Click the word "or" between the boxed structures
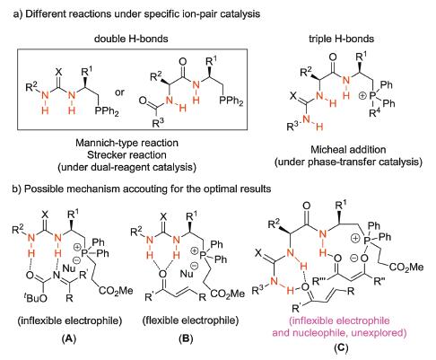119,92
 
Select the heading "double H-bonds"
131,39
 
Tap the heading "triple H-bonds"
341,39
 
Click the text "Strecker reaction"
126,154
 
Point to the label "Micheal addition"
348,149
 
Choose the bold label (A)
69,338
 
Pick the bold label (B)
186,338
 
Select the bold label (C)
341,347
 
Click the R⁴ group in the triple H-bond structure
374,113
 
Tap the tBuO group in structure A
37,298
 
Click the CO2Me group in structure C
406,267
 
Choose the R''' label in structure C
320,281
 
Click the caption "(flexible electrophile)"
190,320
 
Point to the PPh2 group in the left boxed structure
107,111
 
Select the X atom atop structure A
45,214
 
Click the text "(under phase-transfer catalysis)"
348,162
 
